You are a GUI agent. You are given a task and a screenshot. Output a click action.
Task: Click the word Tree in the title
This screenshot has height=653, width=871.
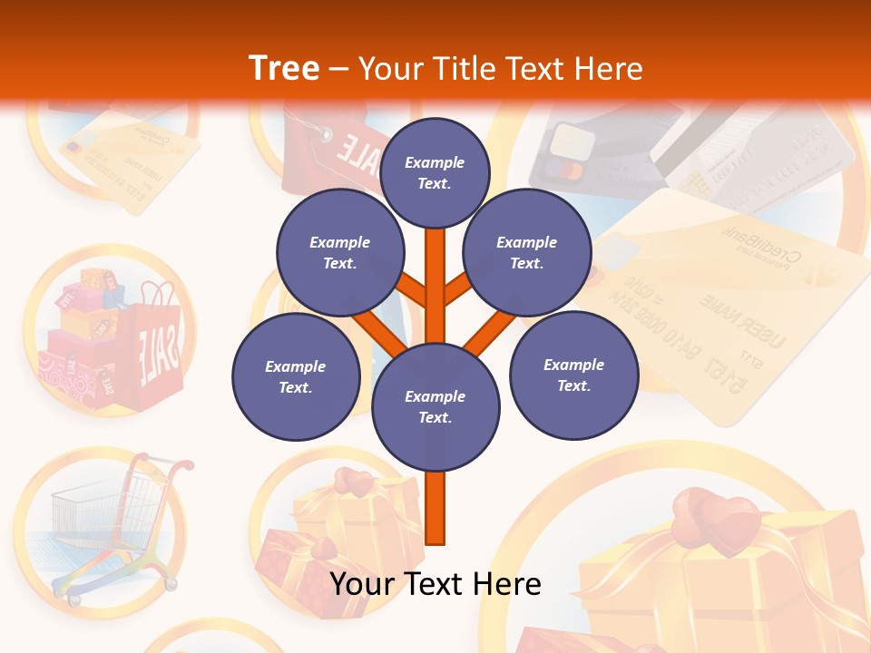click(284, 69)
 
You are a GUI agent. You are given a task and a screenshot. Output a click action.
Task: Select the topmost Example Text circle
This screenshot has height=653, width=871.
click(435, 172)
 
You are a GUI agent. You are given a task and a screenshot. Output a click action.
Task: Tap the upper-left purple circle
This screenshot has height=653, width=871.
click(339, 253)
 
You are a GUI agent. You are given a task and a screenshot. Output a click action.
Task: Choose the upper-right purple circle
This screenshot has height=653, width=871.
click(526, 253)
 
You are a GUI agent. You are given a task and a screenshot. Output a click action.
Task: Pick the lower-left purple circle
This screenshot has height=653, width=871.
click(296, 376)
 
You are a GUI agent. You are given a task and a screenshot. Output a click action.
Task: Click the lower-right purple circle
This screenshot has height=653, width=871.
click(573, 375)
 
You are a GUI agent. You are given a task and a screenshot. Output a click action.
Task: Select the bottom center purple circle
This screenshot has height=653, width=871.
click(435, 406)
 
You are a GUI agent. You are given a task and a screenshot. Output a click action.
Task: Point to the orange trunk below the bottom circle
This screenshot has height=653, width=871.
click(435, 508)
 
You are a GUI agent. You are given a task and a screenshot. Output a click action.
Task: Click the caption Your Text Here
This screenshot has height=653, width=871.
click(435, 584)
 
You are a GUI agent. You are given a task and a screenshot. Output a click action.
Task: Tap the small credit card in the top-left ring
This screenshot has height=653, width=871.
click(127, 163)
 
